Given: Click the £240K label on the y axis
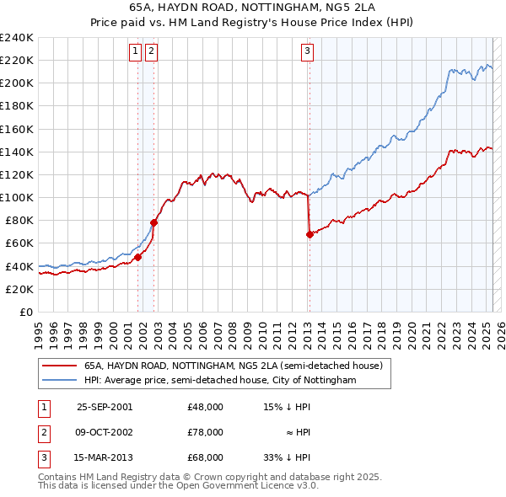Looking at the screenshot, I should pyautogui.click(x=16, y=38).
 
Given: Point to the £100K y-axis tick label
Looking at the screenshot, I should pyautogui.click(x=16, y=197).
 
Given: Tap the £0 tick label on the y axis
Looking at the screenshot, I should pyautogui.click(x=26, y=312).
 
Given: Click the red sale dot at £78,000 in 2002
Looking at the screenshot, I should pyautogui.click(x=153, y=223).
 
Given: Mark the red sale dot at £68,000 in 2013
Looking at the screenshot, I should pyautogui.click(x=310, y=234).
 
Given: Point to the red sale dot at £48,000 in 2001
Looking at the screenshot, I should pyautogui.click(x=137, y=257).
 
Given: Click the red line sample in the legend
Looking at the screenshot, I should pyautogui.click(x=61, y=366).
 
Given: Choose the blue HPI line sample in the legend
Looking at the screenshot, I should pyautogui.click(x=61, y=380).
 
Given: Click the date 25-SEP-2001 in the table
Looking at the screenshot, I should pyautogui.click(x=105, y=407).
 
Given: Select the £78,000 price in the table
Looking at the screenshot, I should pyautogui.click(x=206, y=432).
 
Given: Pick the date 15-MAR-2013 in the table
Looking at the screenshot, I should pyautogui.click(x=105, y=457).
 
